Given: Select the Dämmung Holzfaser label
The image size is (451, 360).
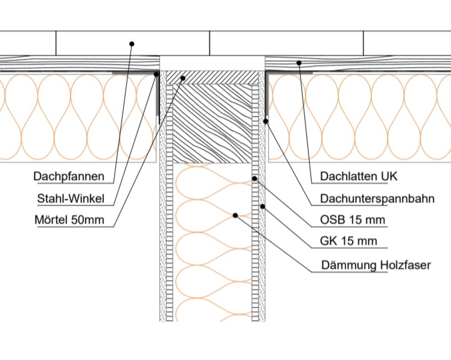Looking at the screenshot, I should [x=375, y=265].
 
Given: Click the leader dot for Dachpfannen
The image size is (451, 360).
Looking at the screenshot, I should [x=132, y=43].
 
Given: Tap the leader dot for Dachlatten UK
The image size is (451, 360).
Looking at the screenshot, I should [x=298, y=62].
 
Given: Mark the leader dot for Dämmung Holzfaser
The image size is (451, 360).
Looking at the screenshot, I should [x=236, y=215].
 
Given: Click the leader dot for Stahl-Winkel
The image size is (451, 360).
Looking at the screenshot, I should [x=156, y=75].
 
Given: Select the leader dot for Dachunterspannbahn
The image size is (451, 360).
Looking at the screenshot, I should [x=266, y=121].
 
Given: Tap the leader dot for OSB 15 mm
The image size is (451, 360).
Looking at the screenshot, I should [x=255, y=178].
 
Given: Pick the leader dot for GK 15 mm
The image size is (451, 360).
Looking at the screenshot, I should [x=263, y=207].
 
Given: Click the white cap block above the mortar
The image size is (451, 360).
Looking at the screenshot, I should [x=213, y=63].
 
